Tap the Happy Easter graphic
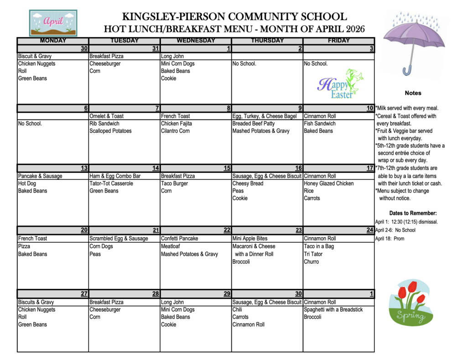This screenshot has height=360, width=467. pos(340,85)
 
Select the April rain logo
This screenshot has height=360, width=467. pos(53,23)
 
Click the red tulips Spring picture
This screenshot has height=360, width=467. pos(409,303)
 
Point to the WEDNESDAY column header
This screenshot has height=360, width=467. pos(196,41)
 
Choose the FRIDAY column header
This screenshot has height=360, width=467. pos(338,41)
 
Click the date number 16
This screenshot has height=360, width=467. pos(299,168)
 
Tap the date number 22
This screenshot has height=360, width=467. pos(227,230)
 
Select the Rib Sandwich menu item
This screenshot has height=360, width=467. pos(104,124)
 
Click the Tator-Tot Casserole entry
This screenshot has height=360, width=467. pos(111,183)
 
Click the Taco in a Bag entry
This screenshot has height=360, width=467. pos(319,246)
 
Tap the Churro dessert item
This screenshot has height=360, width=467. pos(311,261)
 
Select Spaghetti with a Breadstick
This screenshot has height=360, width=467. pos(333,309)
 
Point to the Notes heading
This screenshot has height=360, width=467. pos(413,93)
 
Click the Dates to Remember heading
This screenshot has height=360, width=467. pos(413,213)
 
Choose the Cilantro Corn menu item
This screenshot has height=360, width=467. pos(175,131)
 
